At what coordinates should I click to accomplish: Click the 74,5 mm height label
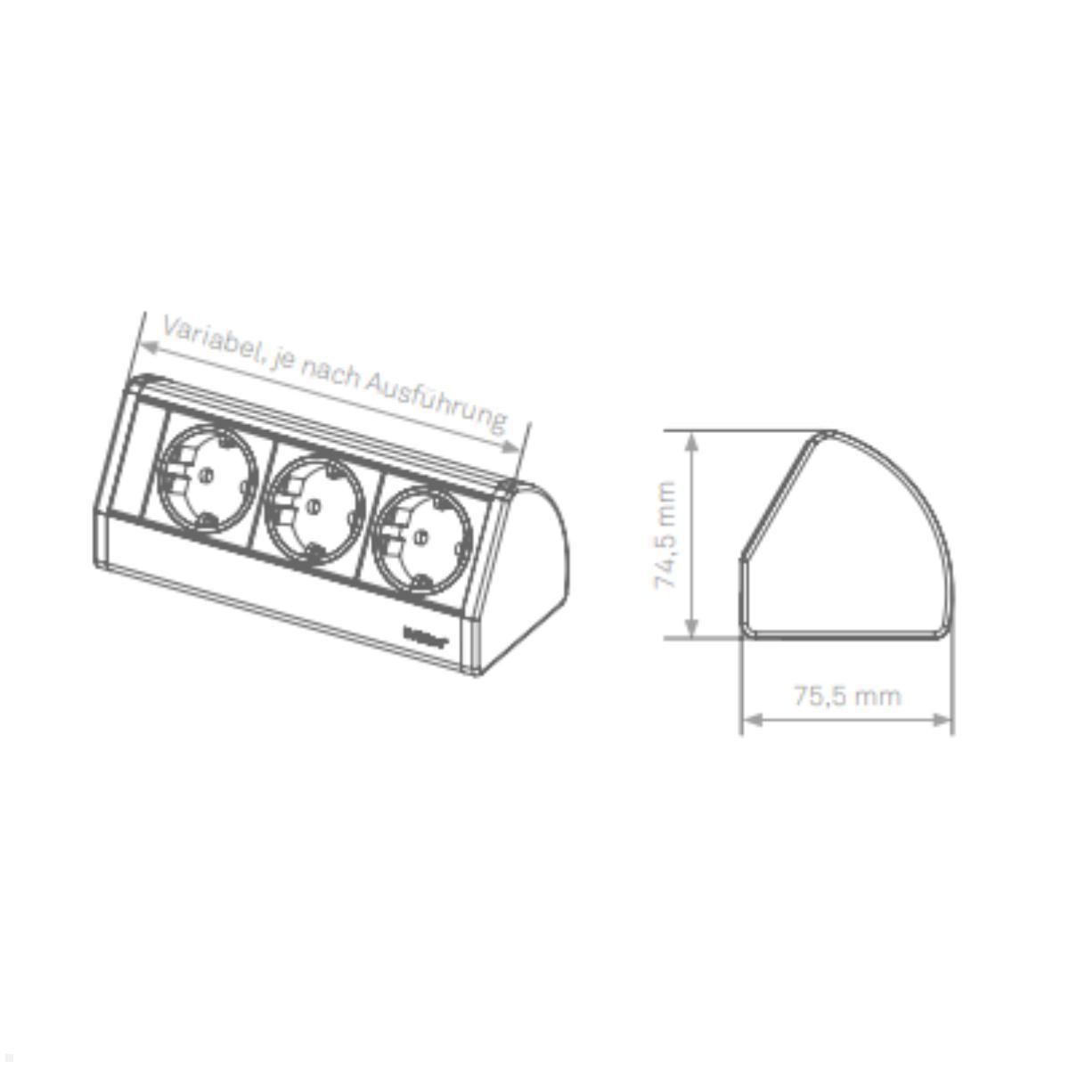pyautogui.click(x=666, y=534)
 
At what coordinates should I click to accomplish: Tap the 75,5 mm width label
pyautogui.click(x=846, y=695)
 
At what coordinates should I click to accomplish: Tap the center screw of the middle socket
pyautogui.click(x=311, y=506)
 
